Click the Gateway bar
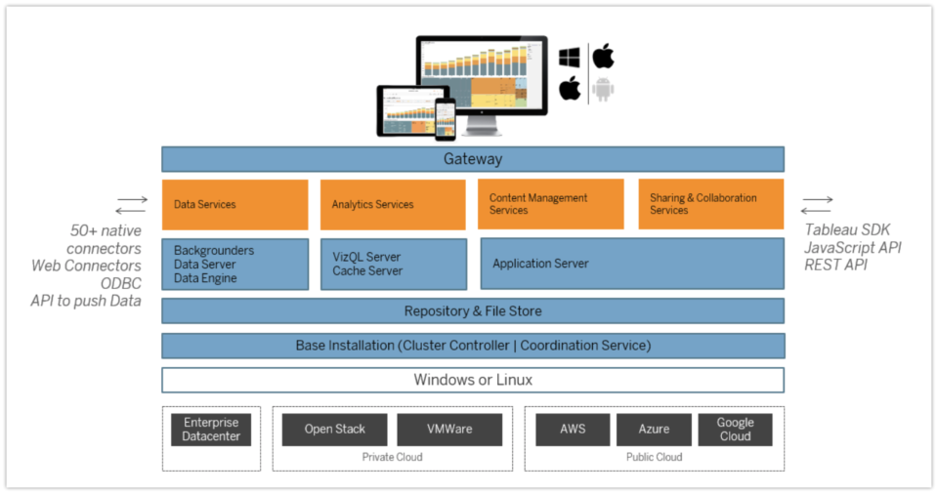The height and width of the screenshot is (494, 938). tap(473, 159)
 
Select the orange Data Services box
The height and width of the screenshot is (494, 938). tap(234, 204)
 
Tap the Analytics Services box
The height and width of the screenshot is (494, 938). tap(393, 204)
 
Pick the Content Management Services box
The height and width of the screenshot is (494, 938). tap(551, 204)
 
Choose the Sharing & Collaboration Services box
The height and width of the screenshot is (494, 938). tap(710, 204)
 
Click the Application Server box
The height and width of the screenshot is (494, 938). tap(631, 264)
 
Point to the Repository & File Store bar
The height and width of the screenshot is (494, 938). tap(473, 311)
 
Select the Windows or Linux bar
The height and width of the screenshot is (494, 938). tap(473, 380)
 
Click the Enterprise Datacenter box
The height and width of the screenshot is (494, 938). tap(211, 430)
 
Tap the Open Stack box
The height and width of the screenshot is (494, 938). tap(335, 430)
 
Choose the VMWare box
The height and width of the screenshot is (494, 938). tap(449, 430)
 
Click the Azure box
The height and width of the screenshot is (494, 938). tap(654, 430)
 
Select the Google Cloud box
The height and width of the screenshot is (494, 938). tap(735, 430)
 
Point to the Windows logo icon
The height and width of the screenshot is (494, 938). tap(570, 58)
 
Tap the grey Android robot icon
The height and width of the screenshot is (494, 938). tap(604, 90)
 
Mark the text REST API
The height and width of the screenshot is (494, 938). tap(837, 265)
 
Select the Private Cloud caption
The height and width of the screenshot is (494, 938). tap(392, 457)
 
